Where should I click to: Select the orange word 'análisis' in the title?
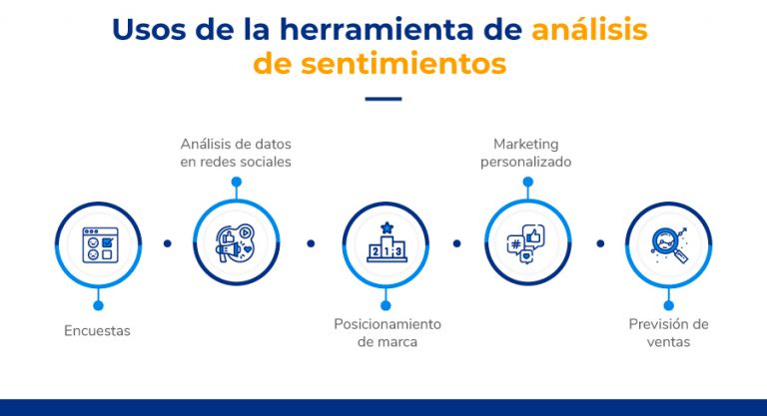point(589,29)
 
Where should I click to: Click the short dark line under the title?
point(383,99)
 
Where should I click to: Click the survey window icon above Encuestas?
point(99,244)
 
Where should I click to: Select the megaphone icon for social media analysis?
point(236,243)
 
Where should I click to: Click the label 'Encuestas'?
point(97,330)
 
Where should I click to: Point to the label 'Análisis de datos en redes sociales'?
point(236,153)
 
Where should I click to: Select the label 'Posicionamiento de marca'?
point(386,333)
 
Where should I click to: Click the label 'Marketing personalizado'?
point(526,153)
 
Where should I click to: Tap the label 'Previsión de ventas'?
point(668,333)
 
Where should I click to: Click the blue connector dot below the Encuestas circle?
point(98,305)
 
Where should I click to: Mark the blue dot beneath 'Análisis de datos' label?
point(236,183)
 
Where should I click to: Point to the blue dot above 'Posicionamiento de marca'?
point(385,305)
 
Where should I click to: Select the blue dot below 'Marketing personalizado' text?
point(526,183)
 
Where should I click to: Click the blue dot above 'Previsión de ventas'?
point(668,305)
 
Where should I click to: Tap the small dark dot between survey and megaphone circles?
point(167,243)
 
